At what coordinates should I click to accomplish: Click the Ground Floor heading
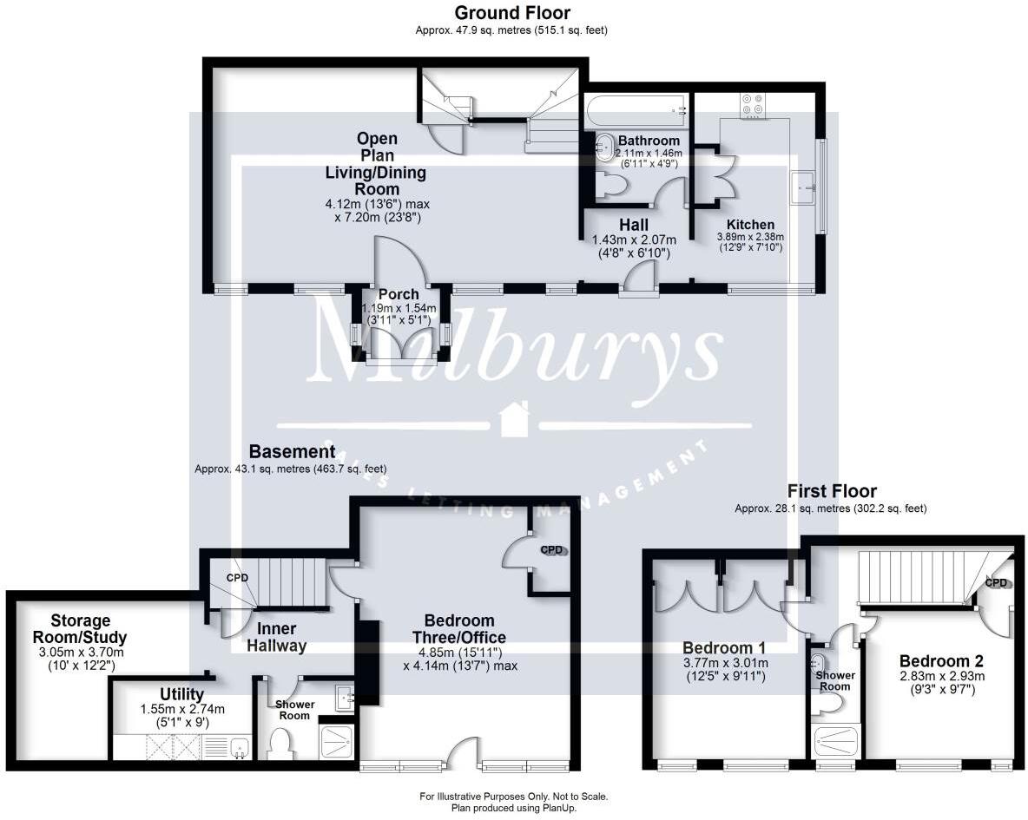pyautogui.click(x=512, y=12)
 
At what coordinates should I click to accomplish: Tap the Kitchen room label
pyautogui.click(x=750, y=224)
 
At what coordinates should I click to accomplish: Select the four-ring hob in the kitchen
pyautogui.click(x=752, y=106)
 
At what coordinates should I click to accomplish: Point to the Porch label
pyautogui.click(x=399, y=294)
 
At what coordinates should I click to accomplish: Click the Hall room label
pyautogui.click(x=633, y=225)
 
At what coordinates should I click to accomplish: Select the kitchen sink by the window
pyautogui.click(x=802, y=187)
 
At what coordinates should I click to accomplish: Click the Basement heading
pyautogui.click(x=293, y=451)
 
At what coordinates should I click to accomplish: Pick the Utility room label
pyautogui.click(x=181, y=694)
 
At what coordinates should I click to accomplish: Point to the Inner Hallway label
pyautogui.click(x=276, y=637)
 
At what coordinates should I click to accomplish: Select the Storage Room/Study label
pyautogui.click(x=80, y=628)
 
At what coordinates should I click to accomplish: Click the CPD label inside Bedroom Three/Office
pyautogui.click(x=551, y=550)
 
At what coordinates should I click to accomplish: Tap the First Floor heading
pyautogui.click(x=831, y=491)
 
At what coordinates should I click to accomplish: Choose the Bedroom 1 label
pyautogui.click(x=724, y=647)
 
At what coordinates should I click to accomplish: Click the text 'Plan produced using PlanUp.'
pyautogui.click(x=513, y=808)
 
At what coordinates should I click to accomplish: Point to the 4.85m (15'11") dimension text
pyautogui.click(x=460, y=653)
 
